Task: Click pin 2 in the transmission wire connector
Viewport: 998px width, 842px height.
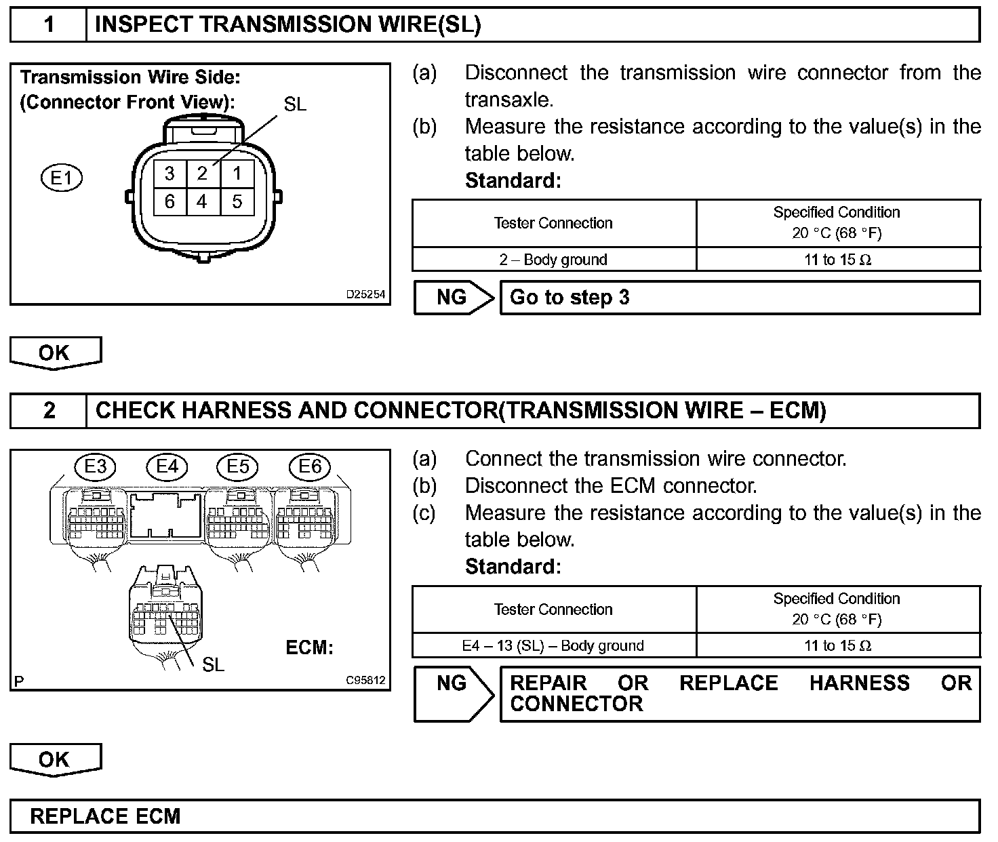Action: click(202, 174)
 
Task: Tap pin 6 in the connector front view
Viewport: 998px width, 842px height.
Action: click(169, 201)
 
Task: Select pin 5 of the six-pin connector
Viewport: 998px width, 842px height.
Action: click(237, 201)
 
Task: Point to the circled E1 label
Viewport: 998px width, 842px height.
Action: click(62, 178)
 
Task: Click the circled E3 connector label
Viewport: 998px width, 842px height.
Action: click(96, 466)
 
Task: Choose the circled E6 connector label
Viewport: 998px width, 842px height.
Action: click(310, 466)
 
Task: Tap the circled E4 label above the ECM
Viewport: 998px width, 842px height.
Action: click(167, 466)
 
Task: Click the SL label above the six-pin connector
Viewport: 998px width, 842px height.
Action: click(295, 104)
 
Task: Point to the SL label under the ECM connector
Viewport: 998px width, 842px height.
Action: click(213, 665)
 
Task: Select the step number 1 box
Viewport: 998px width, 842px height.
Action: click(49, 25)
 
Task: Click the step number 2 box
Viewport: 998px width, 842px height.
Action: click(49, 411)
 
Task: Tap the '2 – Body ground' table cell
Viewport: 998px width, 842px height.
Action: click(553, 260)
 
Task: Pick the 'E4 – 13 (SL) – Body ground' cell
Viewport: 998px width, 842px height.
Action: click(553, 645)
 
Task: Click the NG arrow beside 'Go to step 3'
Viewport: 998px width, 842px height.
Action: click(454, 298)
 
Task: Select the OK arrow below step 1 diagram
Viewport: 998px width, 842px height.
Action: click(55, 353)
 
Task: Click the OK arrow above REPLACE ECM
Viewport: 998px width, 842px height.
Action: click(55, 759)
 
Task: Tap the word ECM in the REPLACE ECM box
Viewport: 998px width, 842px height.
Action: click(158, 816)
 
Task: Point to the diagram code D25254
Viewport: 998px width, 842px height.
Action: click(365, 295)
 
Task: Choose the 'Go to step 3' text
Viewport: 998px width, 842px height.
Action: click(570, 298)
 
